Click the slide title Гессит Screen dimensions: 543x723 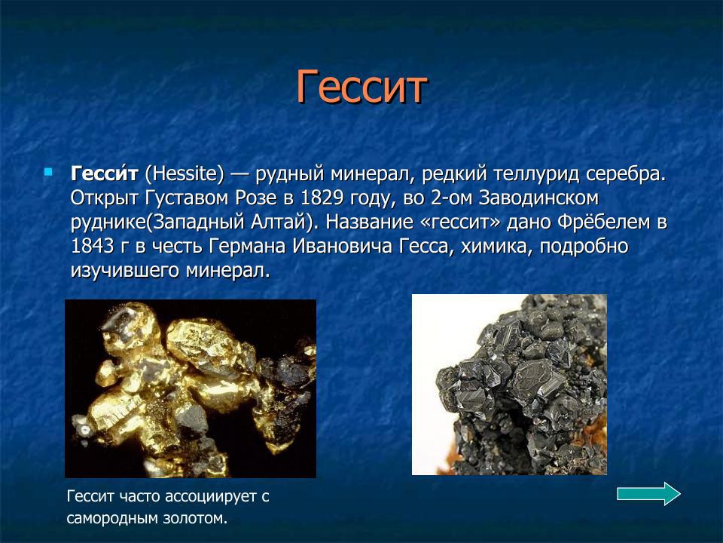tap(361, 87)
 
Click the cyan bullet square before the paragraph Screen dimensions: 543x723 tap(49, 173)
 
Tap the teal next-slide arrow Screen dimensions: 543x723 tap(648, 494)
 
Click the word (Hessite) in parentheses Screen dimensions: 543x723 tap(185, 174)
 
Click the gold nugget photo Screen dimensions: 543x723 tap(190, 388)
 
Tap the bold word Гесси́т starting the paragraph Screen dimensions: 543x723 tap(105, 174)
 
